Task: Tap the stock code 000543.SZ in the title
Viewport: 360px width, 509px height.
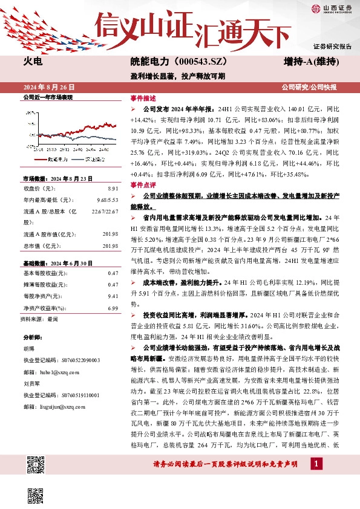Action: (188, 62)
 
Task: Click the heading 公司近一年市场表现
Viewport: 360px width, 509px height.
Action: (47, 97)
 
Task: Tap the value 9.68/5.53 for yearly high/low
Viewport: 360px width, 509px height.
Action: (106, 200)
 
